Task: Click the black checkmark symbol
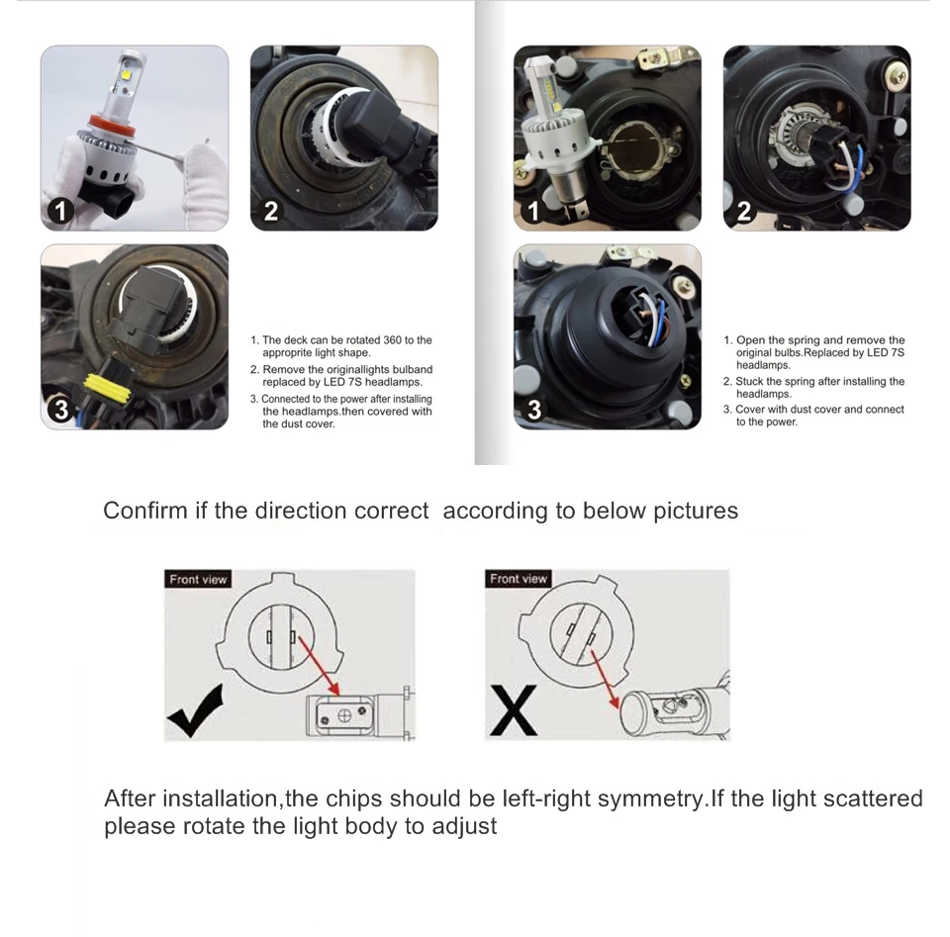coord(195,711)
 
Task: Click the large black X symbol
coord(514,709)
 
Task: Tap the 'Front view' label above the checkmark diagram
coord(198,580)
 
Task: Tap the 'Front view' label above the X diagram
coord(518,579)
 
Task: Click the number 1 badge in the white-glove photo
coord(60,212)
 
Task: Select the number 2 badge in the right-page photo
coord(743,212)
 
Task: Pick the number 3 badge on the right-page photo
coord(533,410)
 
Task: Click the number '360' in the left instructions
coord(392,339)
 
